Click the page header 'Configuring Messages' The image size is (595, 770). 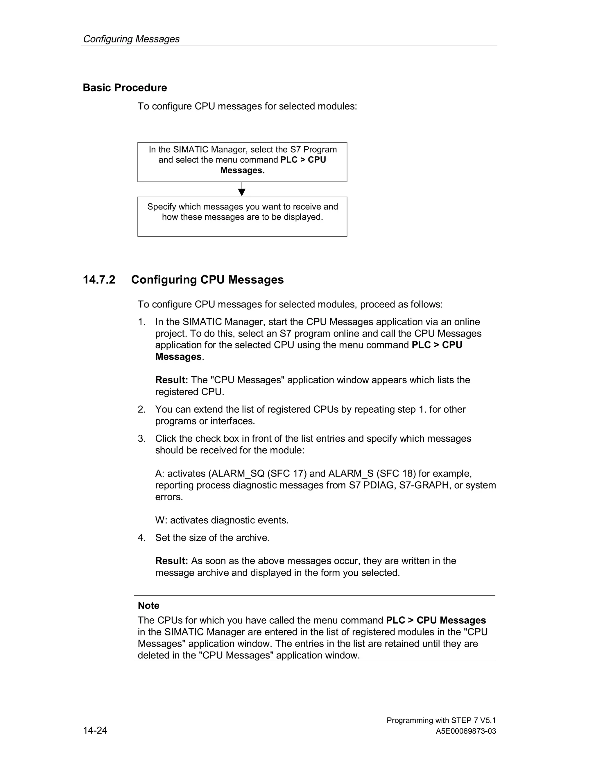(x=131, y=39)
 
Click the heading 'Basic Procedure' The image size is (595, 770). (x=125, y=87)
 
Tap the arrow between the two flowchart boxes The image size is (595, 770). (x=242, y=190)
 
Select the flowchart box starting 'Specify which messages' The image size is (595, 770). (x=242, y=216)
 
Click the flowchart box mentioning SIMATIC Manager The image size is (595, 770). (x=242, y=162)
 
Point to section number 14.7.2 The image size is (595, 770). (x=99, y=280)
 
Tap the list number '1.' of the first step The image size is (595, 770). (x=142, y=322)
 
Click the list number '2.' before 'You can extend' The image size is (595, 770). (x=142, y=409)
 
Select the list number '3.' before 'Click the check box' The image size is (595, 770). (x=142, y=438)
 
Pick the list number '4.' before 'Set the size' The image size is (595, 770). (x=142, y=538)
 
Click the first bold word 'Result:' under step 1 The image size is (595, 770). (x=172, y=380)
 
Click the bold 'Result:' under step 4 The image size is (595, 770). (x=172, y=561)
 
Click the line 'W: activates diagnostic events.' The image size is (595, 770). (x=222, y=520)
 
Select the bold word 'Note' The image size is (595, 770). (x=148, y=606)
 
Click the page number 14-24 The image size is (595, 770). (x=95, y=730)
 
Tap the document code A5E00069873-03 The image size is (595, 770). (x=466, y=731)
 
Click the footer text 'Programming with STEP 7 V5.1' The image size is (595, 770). (x=441, y=720)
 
